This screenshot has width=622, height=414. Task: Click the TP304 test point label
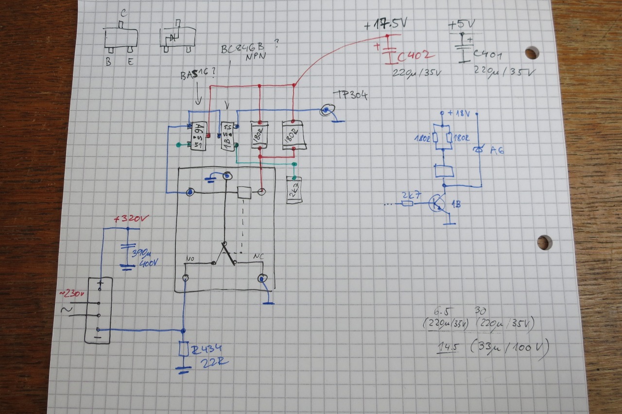coord(350,95)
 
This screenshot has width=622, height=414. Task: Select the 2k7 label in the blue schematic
coord(408,194)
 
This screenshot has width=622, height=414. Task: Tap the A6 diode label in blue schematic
coord(497,150)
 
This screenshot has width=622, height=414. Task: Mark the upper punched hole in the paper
coord(532,52)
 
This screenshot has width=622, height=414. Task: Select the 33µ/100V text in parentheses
coord(510,347)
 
